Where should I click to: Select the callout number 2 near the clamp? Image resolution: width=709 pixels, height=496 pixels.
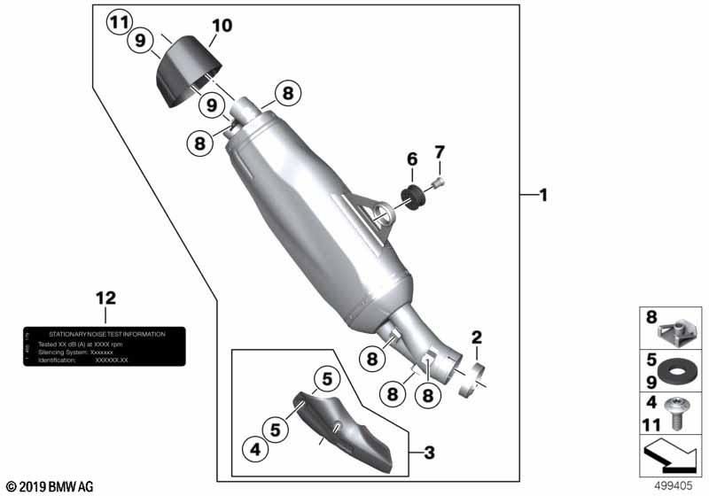coord(477,337)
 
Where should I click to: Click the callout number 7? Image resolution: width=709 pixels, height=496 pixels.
coord(438,152)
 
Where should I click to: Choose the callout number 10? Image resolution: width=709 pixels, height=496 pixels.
coord(222,26)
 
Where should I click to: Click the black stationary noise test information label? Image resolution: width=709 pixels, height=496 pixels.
coord(105,346)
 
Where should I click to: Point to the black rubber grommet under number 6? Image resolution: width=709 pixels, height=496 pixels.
coord(413,193)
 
